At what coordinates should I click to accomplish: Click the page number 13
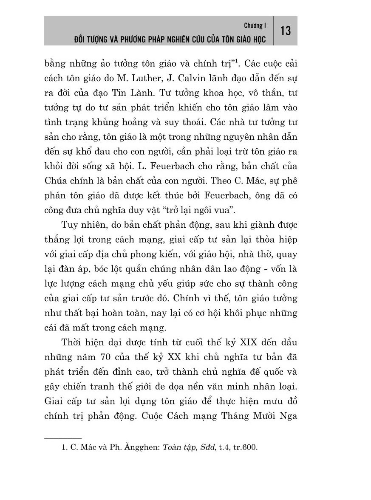[x=286, y=31]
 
